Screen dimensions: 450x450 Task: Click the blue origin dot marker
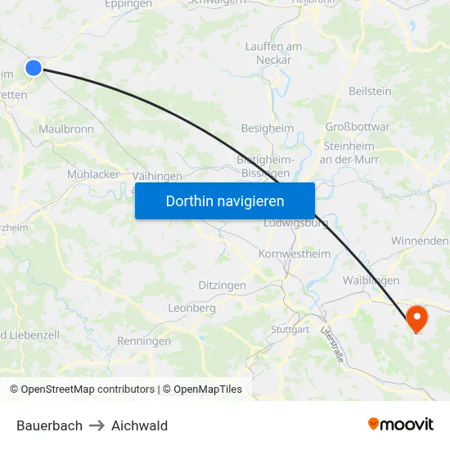pos(34,68)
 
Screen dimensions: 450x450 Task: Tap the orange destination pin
pos(416,317)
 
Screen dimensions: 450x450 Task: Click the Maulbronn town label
pos(66,128)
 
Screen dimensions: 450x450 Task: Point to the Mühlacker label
pos(93,174)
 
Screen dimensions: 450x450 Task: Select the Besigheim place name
pos(267,128)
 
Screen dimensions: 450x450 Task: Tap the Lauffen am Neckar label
pos(274,53)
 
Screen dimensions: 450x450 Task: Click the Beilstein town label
pos(370,92)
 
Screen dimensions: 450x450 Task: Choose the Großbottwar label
pos(358,127)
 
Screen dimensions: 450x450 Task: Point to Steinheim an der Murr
pos(349,152)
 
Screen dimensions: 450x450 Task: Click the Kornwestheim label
pos(295,254)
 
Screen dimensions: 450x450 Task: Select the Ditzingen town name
pos(222,285)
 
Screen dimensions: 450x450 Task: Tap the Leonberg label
pos(191,308)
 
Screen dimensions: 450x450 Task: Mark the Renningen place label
pos(144,341)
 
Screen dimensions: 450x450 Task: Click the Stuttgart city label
pos(290,330)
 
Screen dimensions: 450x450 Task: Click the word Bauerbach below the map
pos(49,425)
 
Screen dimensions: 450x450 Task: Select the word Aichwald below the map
pos(139,425)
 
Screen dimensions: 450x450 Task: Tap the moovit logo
pos(400,425)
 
